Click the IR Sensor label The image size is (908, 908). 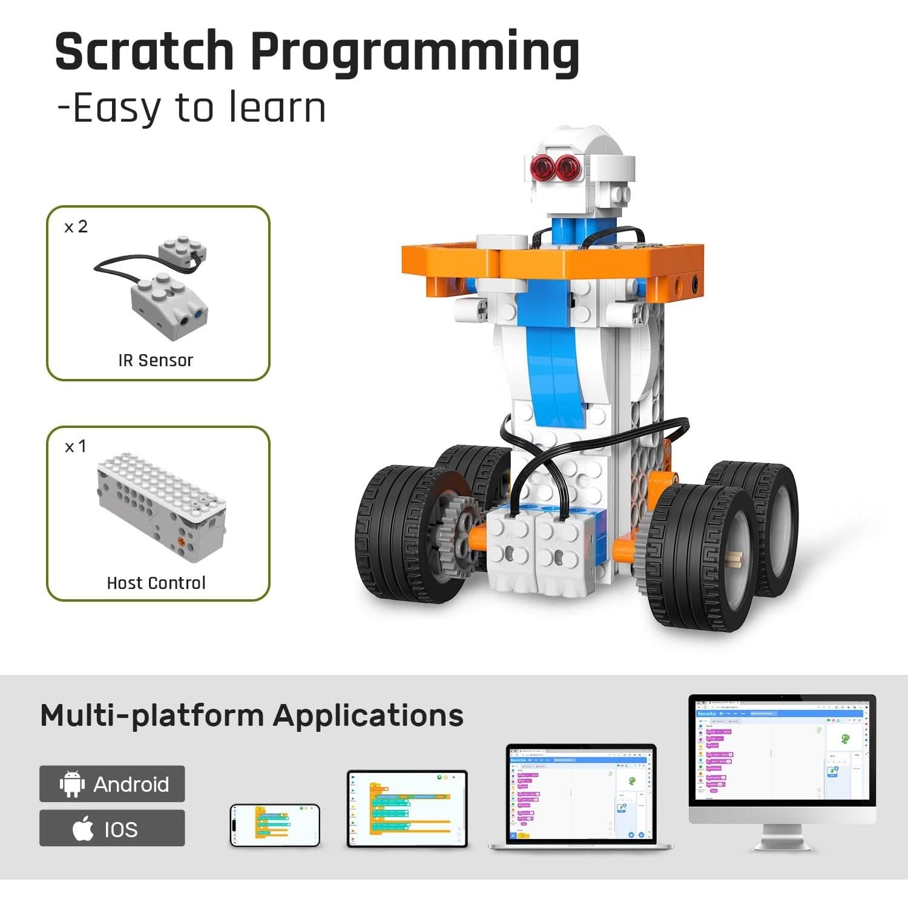pos(156,360)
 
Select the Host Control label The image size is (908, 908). pos(156,582)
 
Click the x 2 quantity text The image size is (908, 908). pos(76,226)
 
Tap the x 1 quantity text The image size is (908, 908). pos(76,447)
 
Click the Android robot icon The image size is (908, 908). pos(72,784)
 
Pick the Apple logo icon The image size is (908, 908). pos(83,828)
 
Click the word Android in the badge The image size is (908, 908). pos(131,785)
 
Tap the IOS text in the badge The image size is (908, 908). pos(121,829)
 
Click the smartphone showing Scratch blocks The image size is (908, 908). pos(275,824)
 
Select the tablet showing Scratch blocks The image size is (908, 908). pos(407,808)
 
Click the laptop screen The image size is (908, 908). pos(581,794)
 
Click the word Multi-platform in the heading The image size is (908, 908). pos(151,715)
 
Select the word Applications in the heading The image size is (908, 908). pos(368,715)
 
